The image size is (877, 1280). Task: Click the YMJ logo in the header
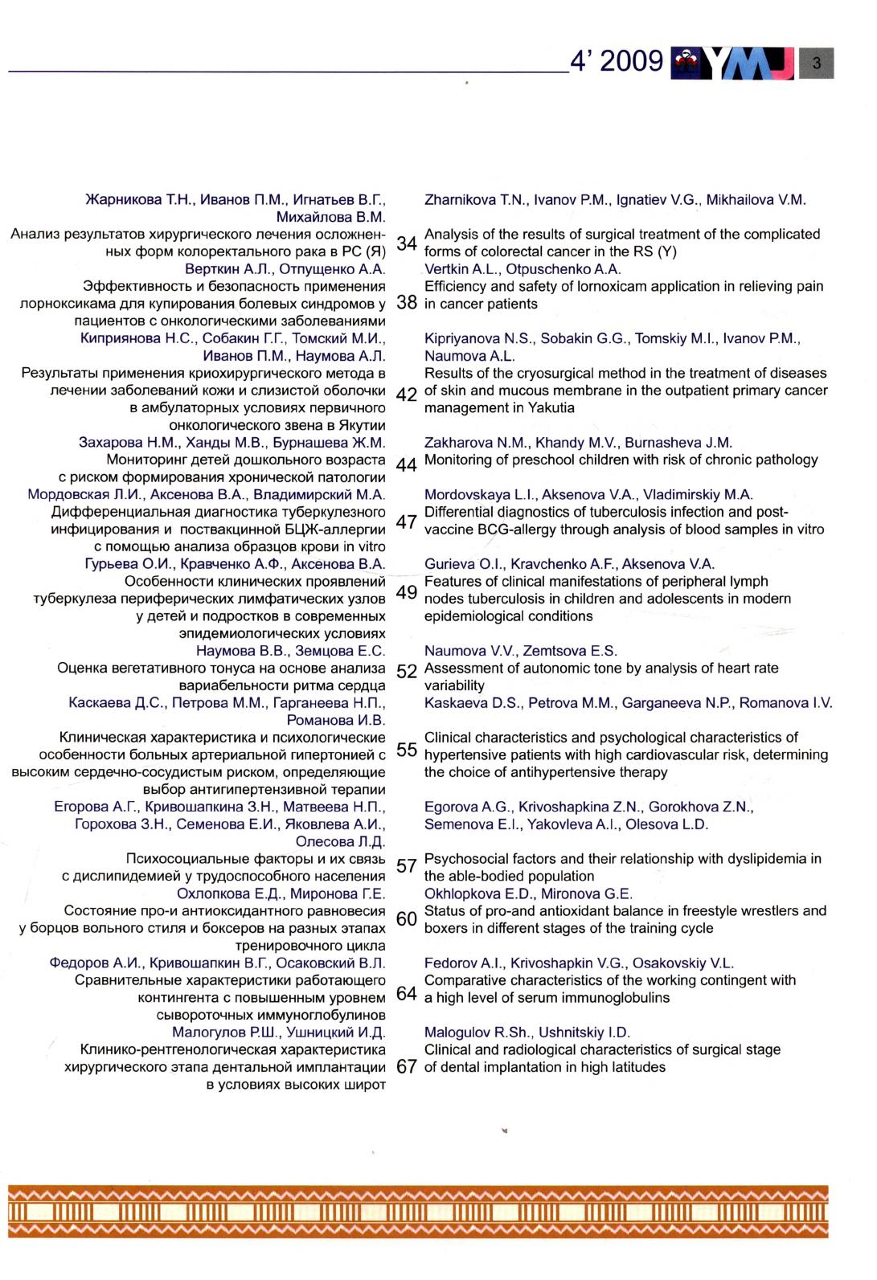pyautogui.click(x=736, y=63)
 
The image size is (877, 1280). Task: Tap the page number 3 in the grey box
pyautogui.click(x=817, y=63)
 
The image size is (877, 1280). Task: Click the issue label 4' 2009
pyautogui.click(x=615, y=61)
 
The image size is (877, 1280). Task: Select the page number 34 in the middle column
pyautogui.click(x=407, y=243)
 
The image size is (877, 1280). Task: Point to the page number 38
pyautogui.click(x=407, y=304)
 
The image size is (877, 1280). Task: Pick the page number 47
pyautogui.click(x=407, y=521)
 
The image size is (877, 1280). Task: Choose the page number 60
pyautogui.click(x=407, y=918)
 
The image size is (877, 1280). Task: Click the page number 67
pyautogui.click(x=407, y=1067)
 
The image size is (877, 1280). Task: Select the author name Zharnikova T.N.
pyautogui.click(x=474, y=200)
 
